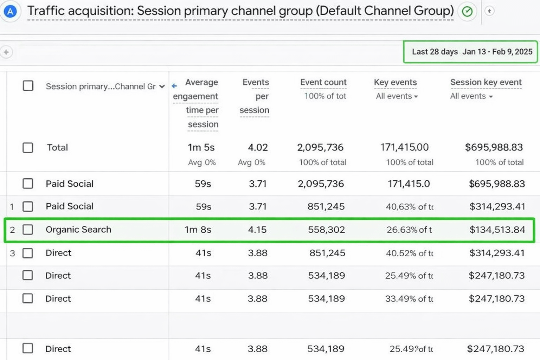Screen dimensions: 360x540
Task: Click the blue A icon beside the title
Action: pyautogui.click(x=11, y=11)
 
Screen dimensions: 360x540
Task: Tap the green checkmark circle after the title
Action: pyautogui.click(x=467, y=12)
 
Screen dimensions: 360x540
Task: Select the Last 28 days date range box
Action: pyautogui.click(x=470, y=52)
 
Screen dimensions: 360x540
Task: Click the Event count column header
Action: pyautogui.click(x=323, y=82)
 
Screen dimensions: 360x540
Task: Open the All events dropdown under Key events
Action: pyautogui.click(x=397, y=96)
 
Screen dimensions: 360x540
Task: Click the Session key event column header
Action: pyautogui.click(x=486, y=82)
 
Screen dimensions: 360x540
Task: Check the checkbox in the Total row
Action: pyautogui.click(x=28, y=148)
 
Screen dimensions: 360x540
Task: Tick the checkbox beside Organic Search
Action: pyautogui.click(x=28, y=230)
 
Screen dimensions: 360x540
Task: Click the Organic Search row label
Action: pyautogui.click(x=78, y=230)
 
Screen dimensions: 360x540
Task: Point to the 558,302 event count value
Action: pyautogui.click(x=326, y=230)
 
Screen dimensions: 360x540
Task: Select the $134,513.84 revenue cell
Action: pyautogui.click(x=497, y=230)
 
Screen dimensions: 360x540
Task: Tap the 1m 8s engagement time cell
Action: pyautogui.click(x=198, y=230)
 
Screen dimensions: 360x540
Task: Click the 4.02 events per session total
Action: pyautogui.click(x=258, y=147)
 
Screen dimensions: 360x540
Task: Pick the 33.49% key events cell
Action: pyautogui.click(x=409, y=299)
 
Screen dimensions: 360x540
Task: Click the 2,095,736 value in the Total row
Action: pyautogui.click(x=320, y=147)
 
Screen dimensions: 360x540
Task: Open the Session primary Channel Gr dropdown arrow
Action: pyautogui.click(x=162, y=86)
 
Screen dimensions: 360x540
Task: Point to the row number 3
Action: pyautogui.click(x=12, y=253)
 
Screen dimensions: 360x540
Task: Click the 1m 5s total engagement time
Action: pyautogui.click(x=201, y=147)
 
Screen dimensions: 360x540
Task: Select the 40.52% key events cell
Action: pyautogui.click(x=409, y=253)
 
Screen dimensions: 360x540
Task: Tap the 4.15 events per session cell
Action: pyautogui.click(x=257, y=230)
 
